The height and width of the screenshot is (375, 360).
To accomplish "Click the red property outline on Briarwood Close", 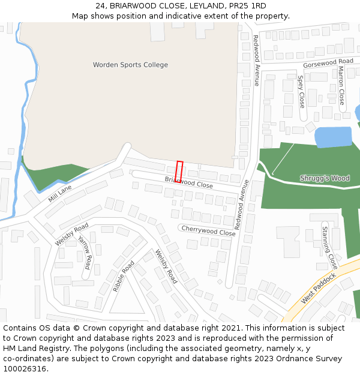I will point(179,171).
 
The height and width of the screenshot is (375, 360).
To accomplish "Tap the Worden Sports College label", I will point(130,65).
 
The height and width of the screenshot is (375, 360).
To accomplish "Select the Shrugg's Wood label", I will point(325,178).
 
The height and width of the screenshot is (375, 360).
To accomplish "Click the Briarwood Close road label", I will point(188,182).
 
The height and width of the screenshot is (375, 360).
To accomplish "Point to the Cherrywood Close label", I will point(208,230).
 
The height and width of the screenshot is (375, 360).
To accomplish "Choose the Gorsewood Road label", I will point(328,62).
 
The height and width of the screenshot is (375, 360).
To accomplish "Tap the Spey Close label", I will point(301,91).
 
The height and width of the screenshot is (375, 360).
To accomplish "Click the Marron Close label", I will point(341,85).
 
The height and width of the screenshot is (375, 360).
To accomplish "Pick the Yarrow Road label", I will point(85,252).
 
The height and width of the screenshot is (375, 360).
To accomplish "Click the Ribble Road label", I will point(124,276).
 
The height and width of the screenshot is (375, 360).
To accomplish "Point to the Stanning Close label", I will point(328,246).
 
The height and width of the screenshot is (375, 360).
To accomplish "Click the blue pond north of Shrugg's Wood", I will point(333,137).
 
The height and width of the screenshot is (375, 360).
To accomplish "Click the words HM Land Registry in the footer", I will point(34,349).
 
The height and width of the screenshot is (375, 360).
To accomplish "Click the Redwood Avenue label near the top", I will point(256,60).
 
